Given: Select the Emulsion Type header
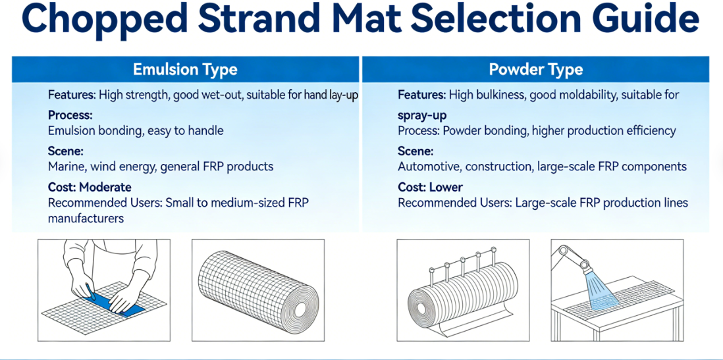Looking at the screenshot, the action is pyautogui.click(x=185, y=70).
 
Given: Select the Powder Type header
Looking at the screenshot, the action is pyautogui.click(x=535, y=70).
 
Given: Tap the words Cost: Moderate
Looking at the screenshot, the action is pyautogui.click(x=90, y=187).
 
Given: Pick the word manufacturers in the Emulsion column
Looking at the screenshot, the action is pyautogui.click(x=86, y=219).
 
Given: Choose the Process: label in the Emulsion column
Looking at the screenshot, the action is pyautogui.click(x=70, y=113).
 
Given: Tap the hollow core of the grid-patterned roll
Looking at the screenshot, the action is pyautogui.click(x=300, y=309).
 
